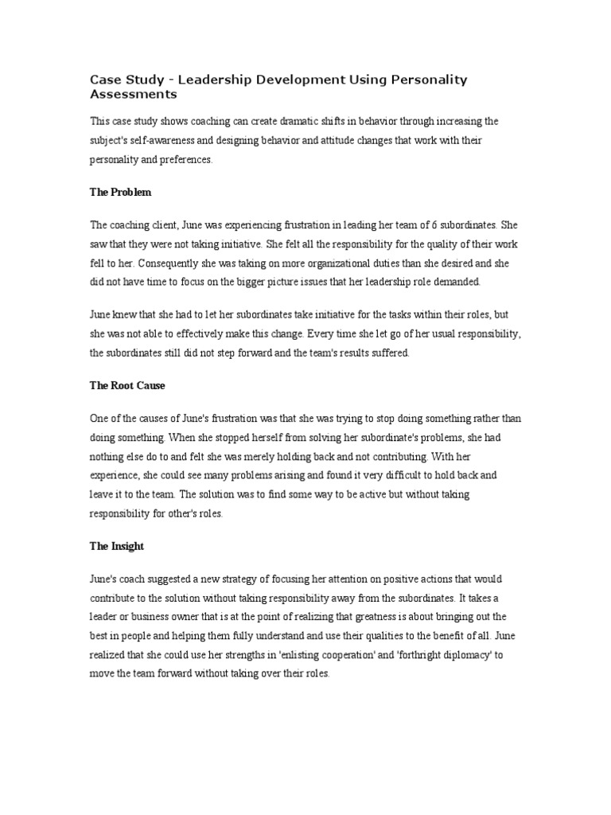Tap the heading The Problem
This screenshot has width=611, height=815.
point(120,193)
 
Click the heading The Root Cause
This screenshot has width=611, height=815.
point(127,385)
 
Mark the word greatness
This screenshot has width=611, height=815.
point(410,618)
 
